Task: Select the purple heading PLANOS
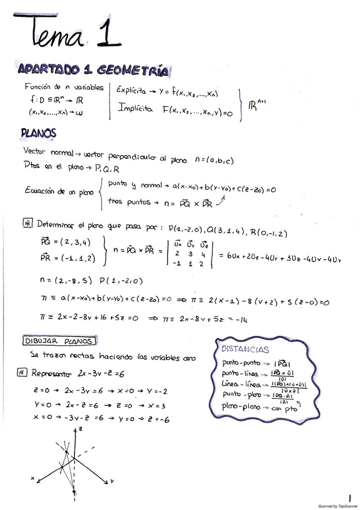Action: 38,132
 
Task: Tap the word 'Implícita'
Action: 135,109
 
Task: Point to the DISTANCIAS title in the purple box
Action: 245,349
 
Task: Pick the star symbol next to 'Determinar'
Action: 28,224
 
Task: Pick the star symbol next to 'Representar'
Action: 23,373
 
